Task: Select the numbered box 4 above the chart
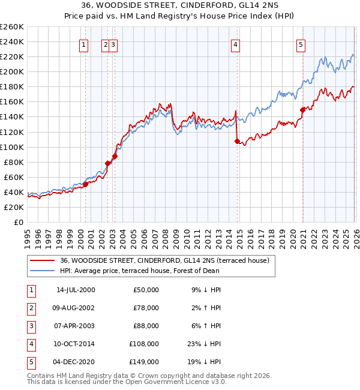click(x=236, y=44)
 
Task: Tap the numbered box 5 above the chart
click(x=300, y=44)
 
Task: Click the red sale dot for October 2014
click(x=237, y=141)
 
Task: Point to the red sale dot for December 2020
click(x=302, y=110)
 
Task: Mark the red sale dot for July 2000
click(x=85, y=184)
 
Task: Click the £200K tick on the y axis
click(x=12, y=71)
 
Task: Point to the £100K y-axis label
click(x=12, y=147)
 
